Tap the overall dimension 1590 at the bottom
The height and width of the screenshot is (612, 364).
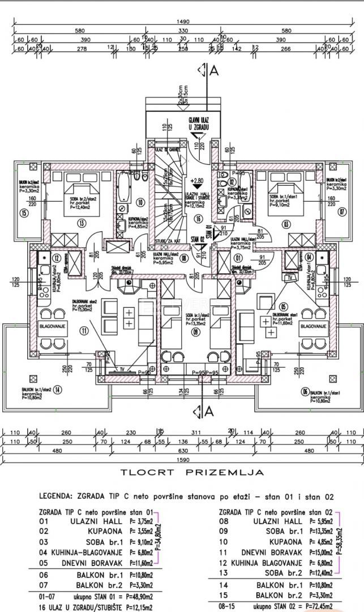[x=182, y=460]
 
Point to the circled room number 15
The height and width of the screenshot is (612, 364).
[x=23, y=213]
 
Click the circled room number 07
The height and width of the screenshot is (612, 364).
[x=341, y=212]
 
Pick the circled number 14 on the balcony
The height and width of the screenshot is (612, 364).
[x=58, y=389]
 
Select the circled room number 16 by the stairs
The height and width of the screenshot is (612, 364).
[x=198, y=218]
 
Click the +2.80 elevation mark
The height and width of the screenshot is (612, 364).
[x=197, y=181]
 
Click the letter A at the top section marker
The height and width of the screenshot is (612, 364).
[x=213, y=71]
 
